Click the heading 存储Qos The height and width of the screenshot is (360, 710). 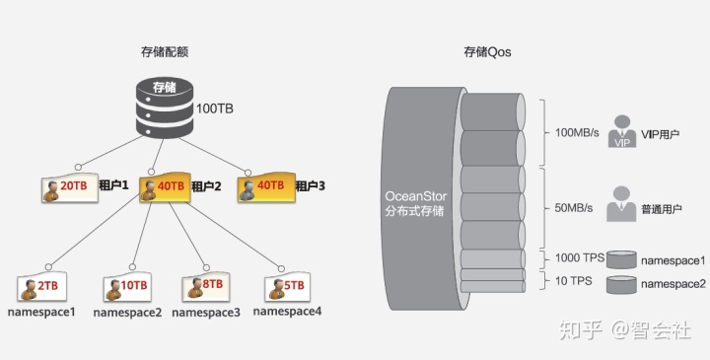[x=487, y=50]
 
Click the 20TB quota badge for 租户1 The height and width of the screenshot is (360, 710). [x=69, y=186]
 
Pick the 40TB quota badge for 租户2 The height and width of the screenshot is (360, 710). [x=163, y=186]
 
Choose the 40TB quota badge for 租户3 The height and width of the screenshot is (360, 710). [x=263, y=186]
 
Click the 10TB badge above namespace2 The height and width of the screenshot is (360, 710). [x=127, y=287]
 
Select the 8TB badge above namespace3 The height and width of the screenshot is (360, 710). [x=205, y=287]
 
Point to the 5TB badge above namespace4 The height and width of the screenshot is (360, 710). [x=287, y=287]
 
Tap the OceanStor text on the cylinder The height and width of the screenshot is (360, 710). [x=415, y=195]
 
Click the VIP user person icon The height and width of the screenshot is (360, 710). [x=621, y=131]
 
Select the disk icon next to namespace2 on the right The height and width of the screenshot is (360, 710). [x=621, y=284]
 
